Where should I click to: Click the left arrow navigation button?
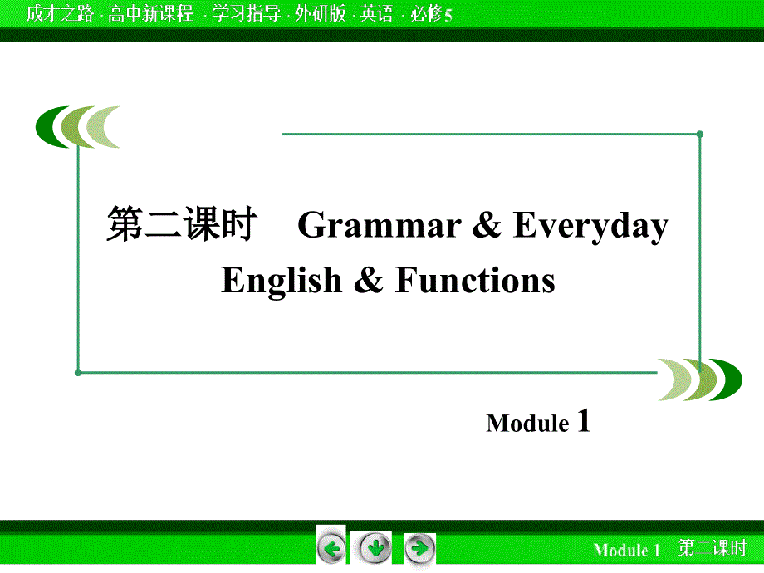pos(331,548)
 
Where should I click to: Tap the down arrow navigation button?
pos(375,548)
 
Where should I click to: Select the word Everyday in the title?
pos(590,227)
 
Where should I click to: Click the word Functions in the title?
pos(475,281)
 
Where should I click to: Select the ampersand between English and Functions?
pos(368,281)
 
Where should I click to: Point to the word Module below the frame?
pos(527,424)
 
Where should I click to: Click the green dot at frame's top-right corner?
pos(700,133)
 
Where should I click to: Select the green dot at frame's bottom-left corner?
pos(78,372)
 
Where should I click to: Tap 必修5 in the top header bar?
pos(431,13)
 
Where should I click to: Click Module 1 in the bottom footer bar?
pos(626,550)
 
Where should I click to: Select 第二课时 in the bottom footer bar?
pos(712,549)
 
